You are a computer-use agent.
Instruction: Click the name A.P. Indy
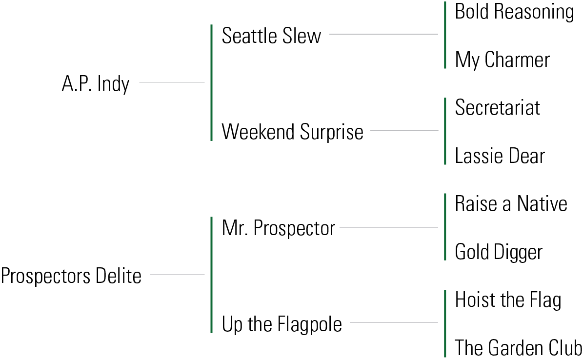click(x=96, y=84)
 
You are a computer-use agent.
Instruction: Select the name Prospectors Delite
click(x=71, y=276)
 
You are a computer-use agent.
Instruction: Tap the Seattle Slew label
click(x=271, y=36)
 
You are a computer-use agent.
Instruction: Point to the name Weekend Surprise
click(x=292, y=132)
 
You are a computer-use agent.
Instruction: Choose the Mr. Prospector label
click(x=278, y=228)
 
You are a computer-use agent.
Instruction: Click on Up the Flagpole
click(x=281, y=324)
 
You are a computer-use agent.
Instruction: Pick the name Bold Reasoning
click(x=514, y=12)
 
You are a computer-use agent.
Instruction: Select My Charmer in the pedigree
click(x=502, y=60)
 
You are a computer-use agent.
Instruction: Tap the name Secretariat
click(x=497, y=108)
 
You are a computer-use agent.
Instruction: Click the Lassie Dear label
click(x=500, y=156)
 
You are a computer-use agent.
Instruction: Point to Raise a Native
click(x=511, y=203)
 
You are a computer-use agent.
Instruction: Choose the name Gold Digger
click(x=499, y=252)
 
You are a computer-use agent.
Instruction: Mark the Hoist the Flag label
click(x=508, y=300)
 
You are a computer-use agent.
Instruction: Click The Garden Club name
click(x=518, y=348)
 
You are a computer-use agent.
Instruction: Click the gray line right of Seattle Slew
click(x=383, y=34)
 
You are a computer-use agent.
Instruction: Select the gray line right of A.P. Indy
click(x=172, y=82)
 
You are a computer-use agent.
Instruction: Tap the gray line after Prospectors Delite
click(x=177, y=275)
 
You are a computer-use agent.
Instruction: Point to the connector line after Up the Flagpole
click(x=394, y=322)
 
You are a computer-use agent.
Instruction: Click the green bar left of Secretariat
click(x=445, y=131)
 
